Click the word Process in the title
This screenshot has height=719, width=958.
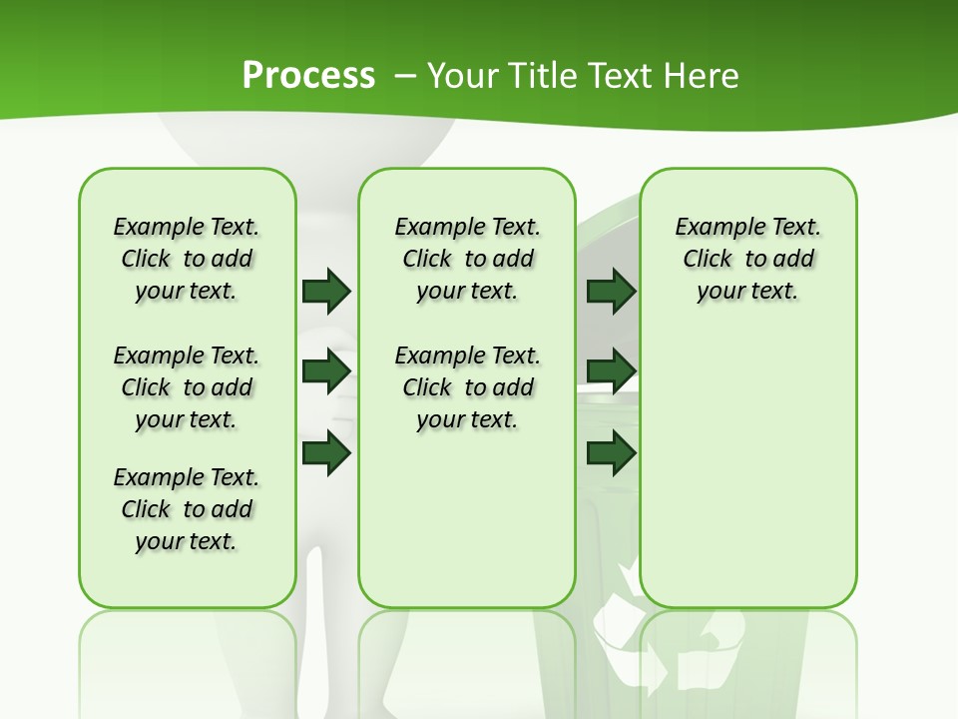click(x=308, y=76)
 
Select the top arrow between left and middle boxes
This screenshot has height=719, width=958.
click(x=326, y=291)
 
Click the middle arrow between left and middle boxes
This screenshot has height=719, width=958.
click(x=326, y=371)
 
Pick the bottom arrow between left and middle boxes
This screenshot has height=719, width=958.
click(x=326, y=453)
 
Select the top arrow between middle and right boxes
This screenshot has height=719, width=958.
click(x=611, y=291)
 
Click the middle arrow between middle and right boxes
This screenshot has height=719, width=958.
click(x=611, y=371)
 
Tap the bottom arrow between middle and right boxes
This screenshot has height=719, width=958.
click(x=611, y=453)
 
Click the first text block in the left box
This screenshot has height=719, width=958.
click(x=187, y=259)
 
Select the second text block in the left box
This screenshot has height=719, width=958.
click(x=187, y=387)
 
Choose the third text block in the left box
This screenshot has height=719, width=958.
click(x=187, y=509)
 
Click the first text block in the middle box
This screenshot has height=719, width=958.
click(x=467, y=259)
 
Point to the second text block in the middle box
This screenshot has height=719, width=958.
click(x=467, y=387)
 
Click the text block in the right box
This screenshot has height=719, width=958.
click(x=747, y=259)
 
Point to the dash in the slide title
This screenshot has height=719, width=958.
click(x=405, y=76)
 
